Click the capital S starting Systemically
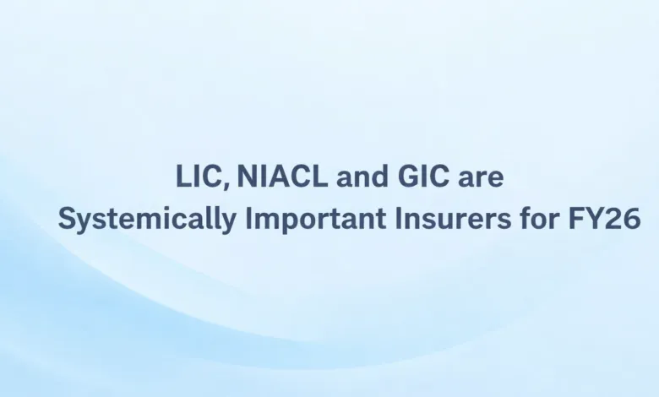tap(67, 219)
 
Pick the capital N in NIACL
tap(247, 178)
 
